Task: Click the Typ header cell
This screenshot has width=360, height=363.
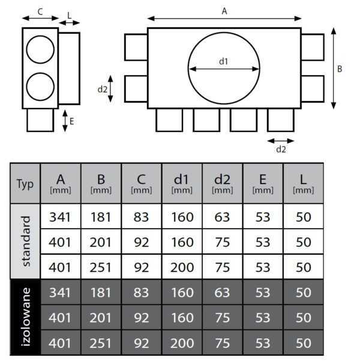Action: point(25,183)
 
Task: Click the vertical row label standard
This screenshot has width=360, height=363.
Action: point(25,241)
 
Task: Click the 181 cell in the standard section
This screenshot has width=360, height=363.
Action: point(101,217)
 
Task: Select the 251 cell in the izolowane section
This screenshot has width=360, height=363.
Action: point(101,343)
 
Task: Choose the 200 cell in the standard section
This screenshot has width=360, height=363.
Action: point(182,267)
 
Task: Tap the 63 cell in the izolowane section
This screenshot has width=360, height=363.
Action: point(223,292)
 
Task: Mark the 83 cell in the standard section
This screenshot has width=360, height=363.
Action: point(141,217)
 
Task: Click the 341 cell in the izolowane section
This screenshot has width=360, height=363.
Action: point(61,292)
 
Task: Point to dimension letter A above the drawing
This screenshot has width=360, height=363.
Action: point(224,10)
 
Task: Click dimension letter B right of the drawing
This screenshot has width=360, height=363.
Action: point(340,69)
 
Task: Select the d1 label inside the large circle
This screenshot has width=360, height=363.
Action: point(224,61)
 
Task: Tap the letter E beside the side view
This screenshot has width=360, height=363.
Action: point(72,121)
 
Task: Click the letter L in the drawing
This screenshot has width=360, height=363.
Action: point(70,13)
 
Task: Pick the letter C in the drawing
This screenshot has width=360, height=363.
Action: point(40,11)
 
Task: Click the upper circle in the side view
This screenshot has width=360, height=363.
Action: point(40,49)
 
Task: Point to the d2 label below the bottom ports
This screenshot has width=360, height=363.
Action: point(281,149)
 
